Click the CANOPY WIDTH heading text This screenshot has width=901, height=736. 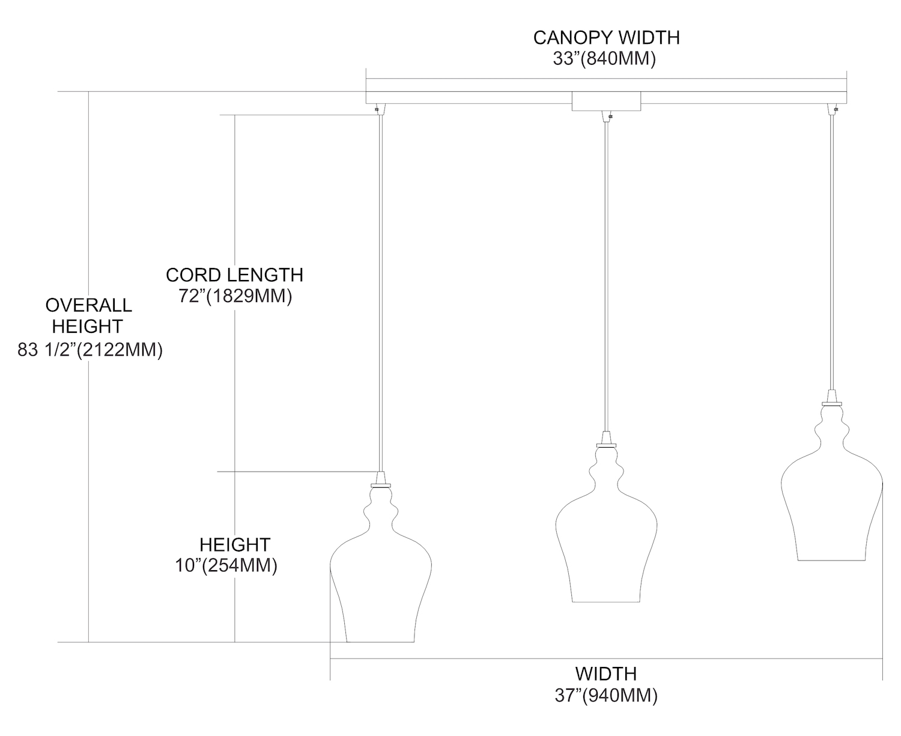pyautogui.click(x=606, y=38)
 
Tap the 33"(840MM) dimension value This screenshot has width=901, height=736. pyautogui.click(x=604, y=58)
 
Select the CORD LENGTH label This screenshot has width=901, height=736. pyautogui.click(x=234, y=275)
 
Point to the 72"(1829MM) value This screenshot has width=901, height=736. pyautogui.click(x=235, y=296)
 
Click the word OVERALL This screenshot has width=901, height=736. pyautogui.click(x=89, y=305)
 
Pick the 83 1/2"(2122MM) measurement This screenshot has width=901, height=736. pyautogui.click(x=90, y=350)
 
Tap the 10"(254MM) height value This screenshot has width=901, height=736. pyautogui.click(x=226, y=565)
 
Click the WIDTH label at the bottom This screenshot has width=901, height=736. pyautogui.click(x=606, y=674)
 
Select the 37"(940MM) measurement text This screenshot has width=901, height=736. pyautogui.click(x=606, y=695)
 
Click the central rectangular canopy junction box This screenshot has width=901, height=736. pyautogui.click(x=606, y=102)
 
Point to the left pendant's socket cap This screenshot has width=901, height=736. pyautogui.click(x=381, y=480)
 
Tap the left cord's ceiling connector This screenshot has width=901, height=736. pyautogui.click(x=380, y=109)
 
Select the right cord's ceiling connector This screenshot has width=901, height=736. pyautogui.click(x=832, y=109)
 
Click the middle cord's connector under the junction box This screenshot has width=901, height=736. pyautogui.click(x=607, y=116)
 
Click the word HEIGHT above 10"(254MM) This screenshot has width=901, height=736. pyautogui.click(x=235, y=544)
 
